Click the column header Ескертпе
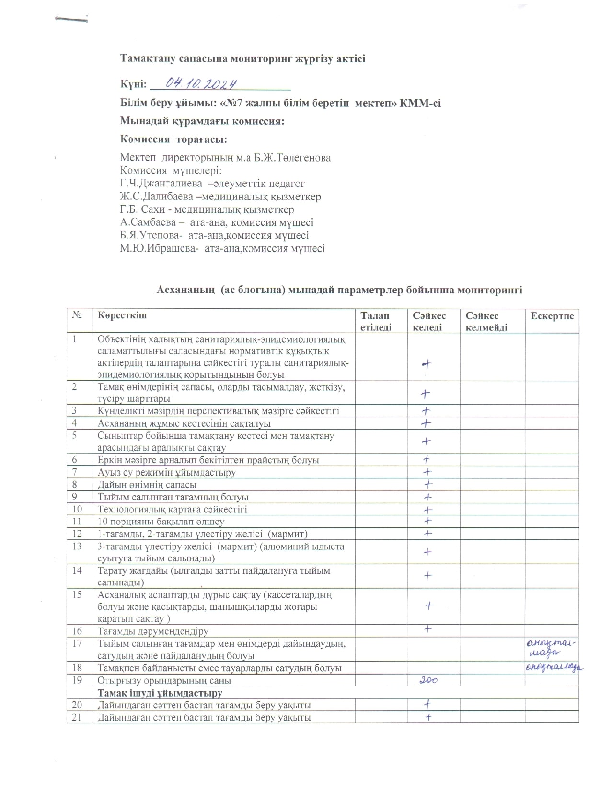[552, 316]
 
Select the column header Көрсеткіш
[122, 315]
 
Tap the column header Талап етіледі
[375, 321]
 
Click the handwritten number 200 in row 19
[428, 680]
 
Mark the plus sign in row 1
[427, 364]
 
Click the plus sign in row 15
[429, 606]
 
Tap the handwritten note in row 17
[551, 648]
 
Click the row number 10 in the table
[77, 509]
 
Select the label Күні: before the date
[133, 84]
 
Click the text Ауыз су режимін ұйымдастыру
[167, 472]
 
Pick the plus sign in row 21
[428, 717]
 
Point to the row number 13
[77, 546]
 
